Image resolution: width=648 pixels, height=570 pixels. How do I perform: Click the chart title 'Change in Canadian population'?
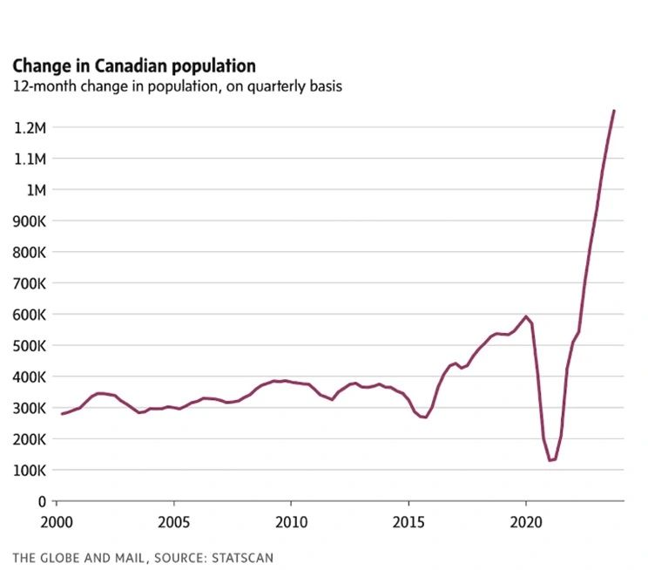(x=133, y=66)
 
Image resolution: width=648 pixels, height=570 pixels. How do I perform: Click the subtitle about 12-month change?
(x=177, y=86)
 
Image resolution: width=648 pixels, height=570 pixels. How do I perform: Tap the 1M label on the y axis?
(x=36, y=190)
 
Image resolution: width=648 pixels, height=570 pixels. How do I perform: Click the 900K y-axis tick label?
(x=29, y=221)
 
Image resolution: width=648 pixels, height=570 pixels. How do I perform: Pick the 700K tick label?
(x=29, y=283)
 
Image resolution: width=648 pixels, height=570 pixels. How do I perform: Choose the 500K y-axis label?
(x=29, y=346)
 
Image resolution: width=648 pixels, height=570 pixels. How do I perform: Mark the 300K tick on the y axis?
(x=29, y=408)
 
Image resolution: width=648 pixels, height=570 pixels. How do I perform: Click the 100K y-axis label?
(x=29, y=471)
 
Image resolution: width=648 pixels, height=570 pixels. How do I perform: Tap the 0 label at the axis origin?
(x=41, y=501)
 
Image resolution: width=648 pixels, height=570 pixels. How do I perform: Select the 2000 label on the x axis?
(x=57, y=520)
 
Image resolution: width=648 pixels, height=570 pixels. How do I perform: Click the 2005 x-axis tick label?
(x=174, y=520)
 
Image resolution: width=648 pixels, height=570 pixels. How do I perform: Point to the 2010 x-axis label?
(x=291, y=520)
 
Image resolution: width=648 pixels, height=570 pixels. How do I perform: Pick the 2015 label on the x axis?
(x=408, y=520)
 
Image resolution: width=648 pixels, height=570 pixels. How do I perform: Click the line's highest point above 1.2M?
(x=614, y=111)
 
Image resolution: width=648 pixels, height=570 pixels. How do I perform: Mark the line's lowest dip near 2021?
(x=550, y=460)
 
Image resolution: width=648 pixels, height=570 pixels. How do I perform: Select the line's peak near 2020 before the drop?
(x=525, y=316)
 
